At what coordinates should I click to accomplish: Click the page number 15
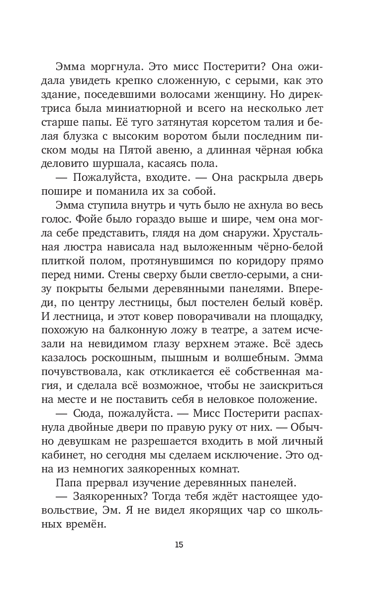coord(180,544)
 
